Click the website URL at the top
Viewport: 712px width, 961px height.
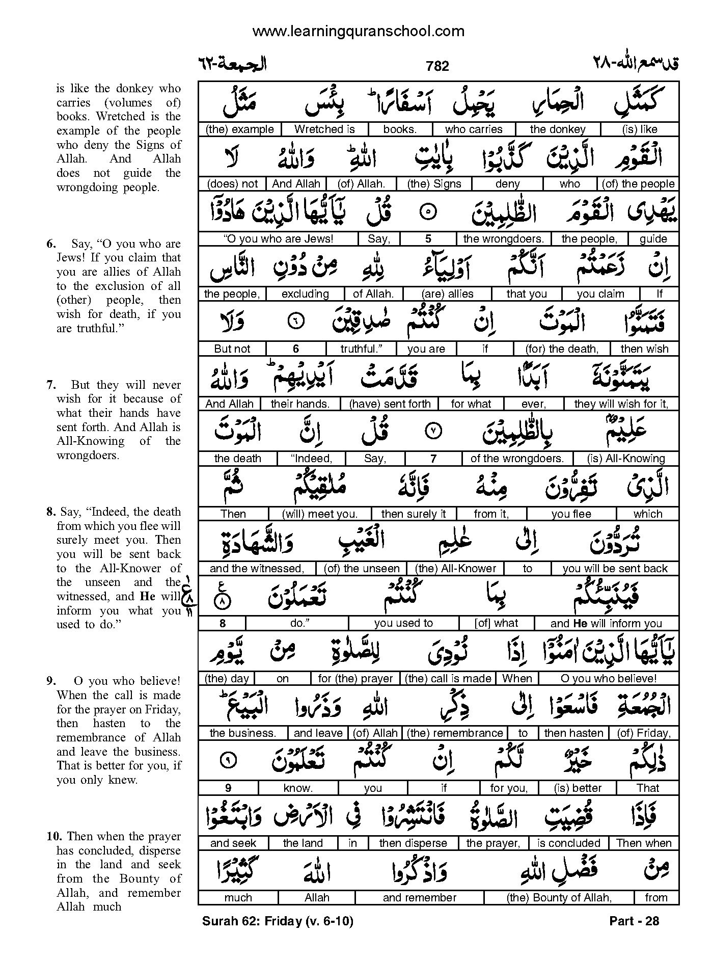[358, 32]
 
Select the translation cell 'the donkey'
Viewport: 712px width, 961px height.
[558, 129]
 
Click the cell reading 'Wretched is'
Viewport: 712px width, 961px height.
[324, 129]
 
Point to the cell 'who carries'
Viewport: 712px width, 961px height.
[474, 129]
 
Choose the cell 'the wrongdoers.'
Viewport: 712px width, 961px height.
[503, 238]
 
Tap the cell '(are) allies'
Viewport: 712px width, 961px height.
[447, 294]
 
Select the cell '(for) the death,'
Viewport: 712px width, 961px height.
[562, 349]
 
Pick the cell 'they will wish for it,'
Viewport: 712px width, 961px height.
[621, 404]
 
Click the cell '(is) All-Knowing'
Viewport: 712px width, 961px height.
[626, 459]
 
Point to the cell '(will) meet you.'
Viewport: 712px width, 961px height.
[320, 514]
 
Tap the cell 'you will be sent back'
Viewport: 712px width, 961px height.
[615, 569]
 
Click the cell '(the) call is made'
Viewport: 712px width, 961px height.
[448, 679]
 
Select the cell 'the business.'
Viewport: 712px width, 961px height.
[243, 733]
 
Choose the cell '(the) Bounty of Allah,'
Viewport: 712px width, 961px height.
[559, 898]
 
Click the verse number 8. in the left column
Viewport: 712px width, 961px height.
[51, 512]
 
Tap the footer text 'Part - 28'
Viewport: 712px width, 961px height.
[634, 921]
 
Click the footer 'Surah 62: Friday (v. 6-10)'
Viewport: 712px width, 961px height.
[278, 921]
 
